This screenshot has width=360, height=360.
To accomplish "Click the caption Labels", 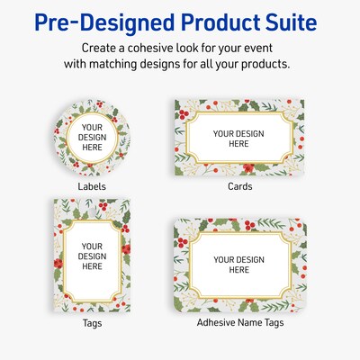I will tap(92, 187).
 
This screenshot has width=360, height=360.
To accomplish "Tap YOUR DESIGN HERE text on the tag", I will tap(93, 256).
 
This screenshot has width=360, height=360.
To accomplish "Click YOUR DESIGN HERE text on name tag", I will tap(238, 265).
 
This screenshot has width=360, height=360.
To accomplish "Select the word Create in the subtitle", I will tap(99, 46).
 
